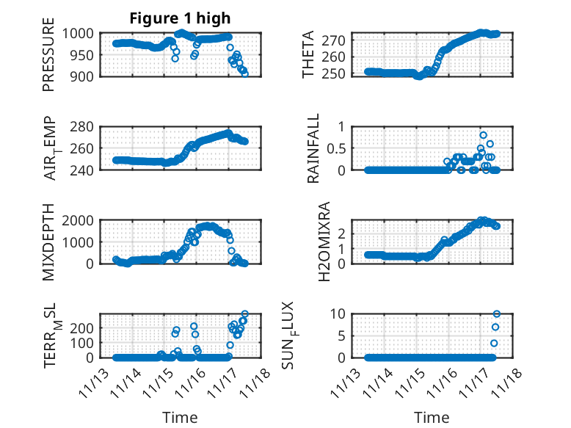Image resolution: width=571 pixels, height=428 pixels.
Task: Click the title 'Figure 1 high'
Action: tap(180, 18)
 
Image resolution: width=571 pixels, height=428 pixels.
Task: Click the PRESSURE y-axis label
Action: tap(48, 59)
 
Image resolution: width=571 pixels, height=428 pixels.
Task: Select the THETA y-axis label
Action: tap(309, 54)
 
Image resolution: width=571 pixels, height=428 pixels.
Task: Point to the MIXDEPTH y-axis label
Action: tap(48, 242)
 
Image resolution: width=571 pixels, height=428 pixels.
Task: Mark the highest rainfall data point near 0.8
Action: tap(483, 135)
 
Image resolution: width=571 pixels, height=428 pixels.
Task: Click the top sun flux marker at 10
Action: tap(497, 314)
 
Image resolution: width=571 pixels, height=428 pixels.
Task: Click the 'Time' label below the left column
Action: tap(180, 418)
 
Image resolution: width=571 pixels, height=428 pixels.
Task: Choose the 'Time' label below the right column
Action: tap(432, 418)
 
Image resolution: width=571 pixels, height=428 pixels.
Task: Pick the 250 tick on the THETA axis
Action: tap(342, 74)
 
